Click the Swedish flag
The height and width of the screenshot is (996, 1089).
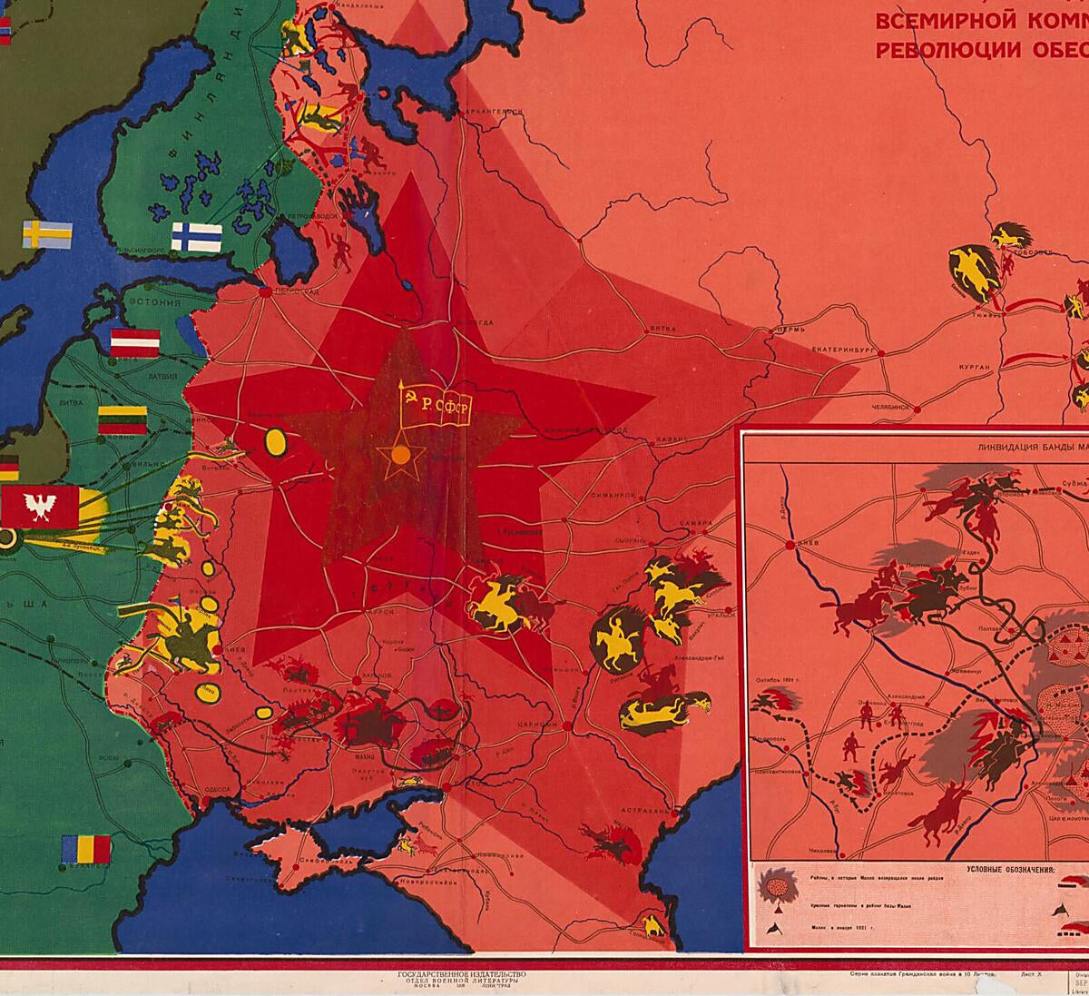tap(47, 233)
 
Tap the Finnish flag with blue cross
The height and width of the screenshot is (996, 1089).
tap(197, 237)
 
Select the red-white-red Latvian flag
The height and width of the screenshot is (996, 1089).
tap(135, 342)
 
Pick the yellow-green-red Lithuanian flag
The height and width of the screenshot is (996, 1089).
tap(123, 420)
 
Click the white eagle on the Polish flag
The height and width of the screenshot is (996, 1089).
tap(39, 506)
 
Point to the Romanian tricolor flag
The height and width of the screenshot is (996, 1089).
tap(86, 850)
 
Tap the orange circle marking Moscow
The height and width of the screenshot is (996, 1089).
tap(400, 456)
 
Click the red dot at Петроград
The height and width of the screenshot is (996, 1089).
tap(265, 292)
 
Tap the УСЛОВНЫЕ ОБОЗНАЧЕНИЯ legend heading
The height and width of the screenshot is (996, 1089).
tap(1004, 869)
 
